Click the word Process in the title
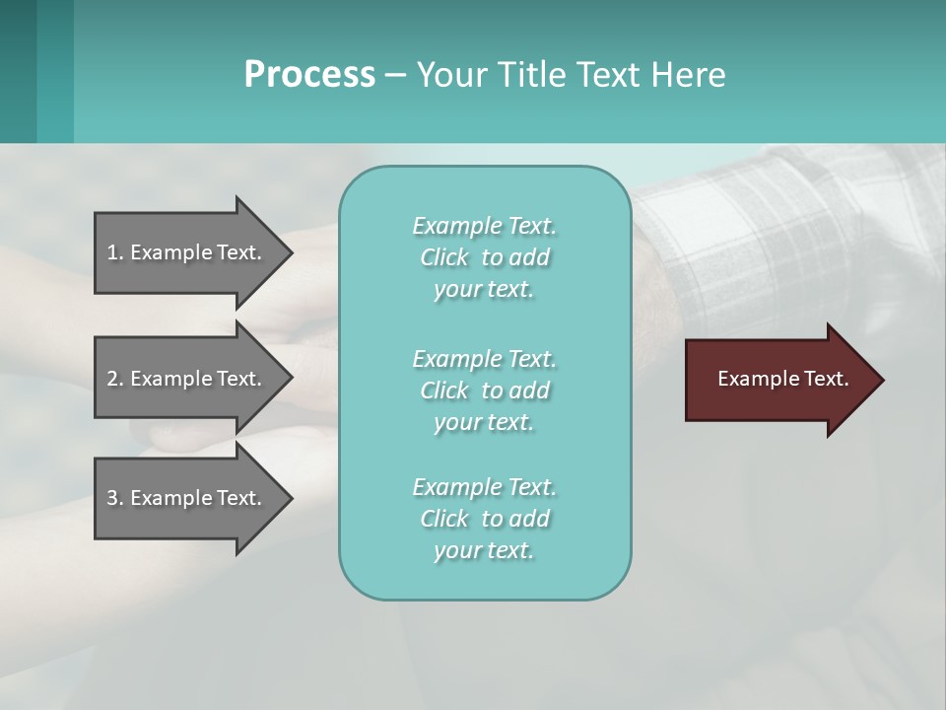309,75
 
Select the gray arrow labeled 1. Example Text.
187,252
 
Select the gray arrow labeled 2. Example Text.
187,379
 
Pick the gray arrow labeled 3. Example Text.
187,498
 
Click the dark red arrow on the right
778,380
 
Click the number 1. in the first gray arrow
114,252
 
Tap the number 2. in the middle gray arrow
114,379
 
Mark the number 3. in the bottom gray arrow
114,498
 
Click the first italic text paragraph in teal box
484,257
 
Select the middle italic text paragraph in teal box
484,390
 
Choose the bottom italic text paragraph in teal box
484,519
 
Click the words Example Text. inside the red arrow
782,379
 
